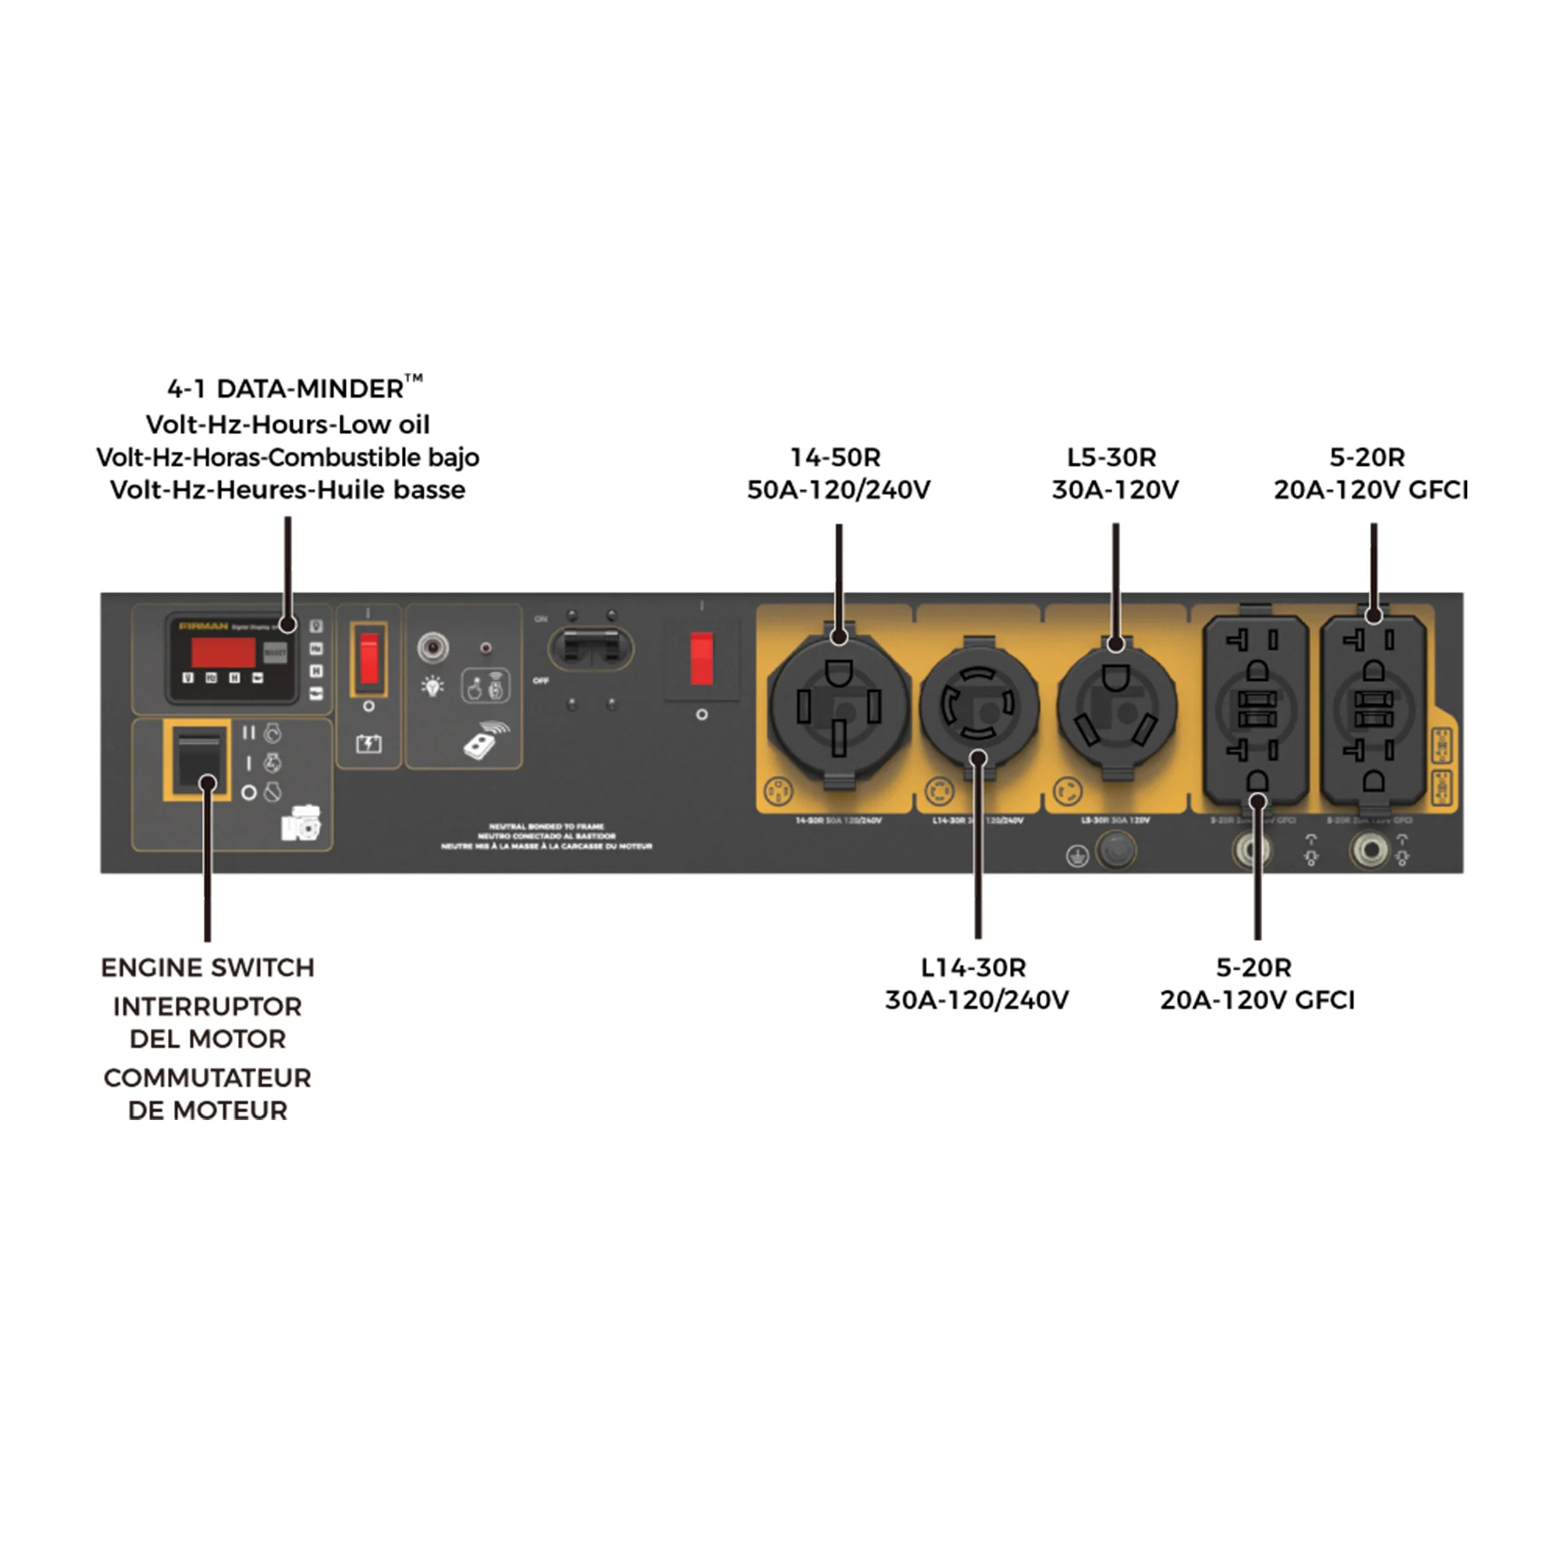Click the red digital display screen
[223, 652]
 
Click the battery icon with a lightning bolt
[368, 743]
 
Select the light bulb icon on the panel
[433, 687]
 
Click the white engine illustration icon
[300, 823]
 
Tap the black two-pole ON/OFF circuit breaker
[591, 648]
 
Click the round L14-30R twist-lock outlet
[979, 705]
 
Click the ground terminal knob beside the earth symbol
[1116, 850]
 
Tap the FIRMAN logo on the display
[204, 626]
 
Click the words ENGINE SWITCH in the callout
[208, 968]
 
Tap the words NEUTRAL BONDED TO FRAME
[546, 827]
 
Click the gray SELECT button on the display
[275, 652]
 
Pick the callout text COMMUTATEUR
[208, 1078]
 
